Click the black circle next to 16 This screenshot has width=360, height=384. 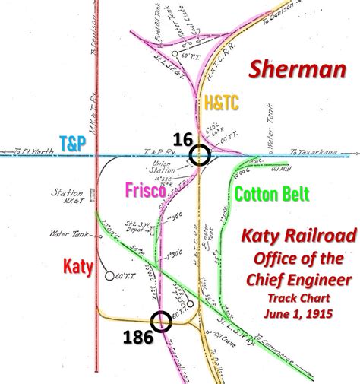pyautogui.click(x=201, y=155)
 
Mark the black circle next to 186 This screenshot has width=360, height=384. pyautogui.click(x=161, y=322)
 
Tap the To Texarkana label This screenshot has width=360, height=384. pyautogui.click(x=312, y=153)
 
